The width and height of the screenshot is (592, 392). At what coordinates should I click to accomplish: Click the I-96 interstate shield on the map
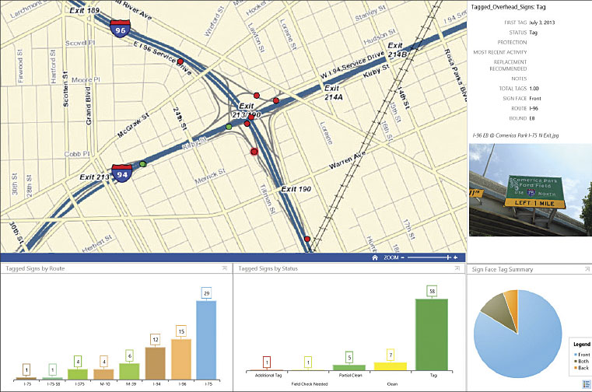121,30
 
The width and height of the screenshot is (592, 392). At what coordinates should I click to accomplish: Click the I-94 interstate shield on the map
121,174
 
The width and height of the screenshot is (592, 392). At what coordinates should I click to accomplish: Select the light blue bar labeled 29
206,340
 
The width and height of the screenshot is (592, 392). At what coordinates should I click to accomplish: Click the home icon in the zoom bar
375,257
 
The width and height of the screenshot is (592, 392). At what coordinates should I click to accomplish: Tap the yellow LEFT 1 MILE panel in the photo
538,203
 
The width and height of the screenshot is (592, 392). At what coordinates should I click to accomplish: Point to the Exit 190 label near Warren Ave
296,189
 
